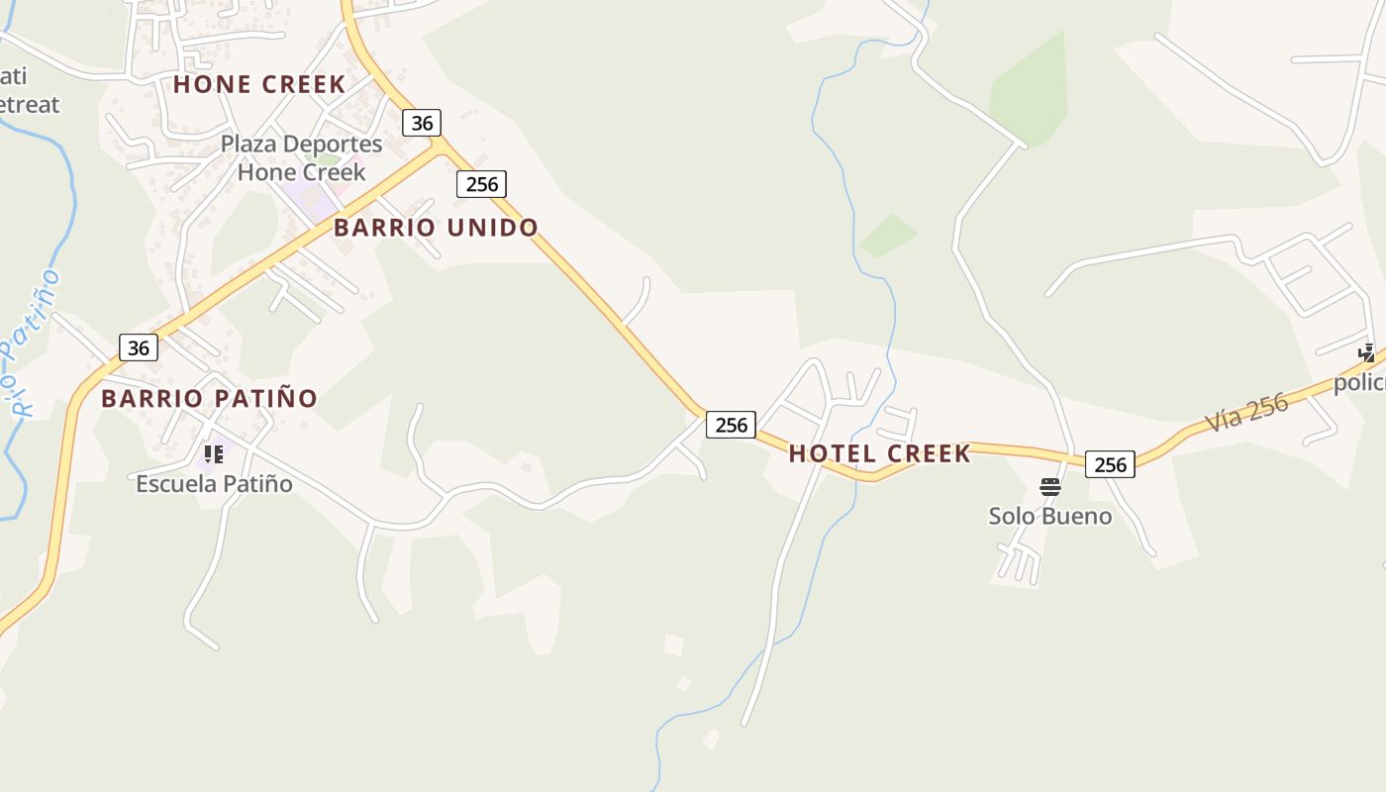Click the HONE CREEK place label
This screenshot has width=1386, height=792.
(x=259, y=84)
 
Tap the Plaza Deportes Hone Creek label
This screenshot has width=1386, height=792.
(x=301, y=157)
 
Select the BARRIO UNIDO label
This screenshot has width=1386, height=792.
(x=436, y=227)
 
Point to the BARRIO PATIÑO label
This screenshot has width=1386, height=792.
(x=209, y=398)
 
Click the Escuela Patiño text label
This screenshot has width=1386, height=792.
(x=214, y=484)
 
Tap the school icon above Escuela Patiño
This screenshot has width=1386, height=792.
(x=213, y=454)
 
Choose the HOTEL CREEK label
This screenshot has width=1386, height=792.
(x=879, y=453)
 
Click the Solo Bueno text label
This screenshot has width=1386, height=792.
(x=1049, y=516)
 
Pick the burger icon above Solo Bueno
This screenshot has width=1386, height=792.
(x=1050, y=486)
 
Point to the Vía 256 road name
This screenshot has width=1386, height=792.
(x=1246, y=413)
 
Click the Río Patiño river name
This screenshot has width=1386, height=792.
(x=30, y=342)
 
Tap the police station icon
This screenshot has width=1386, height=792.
(x=1366, y=353)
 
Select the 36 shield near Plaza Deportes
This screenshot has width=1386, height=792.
(x=422, y=123)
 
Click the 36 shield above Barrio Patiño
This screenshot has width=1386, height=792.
(x=139, y=347)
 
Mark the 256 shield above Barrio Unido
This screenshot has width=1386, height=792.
(x=481, y=183)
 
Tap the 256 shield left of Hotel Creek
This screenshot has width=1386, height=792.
(x=731, y=425)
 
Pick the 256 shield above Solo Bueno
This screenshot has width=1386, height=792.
(x=1110, y=464)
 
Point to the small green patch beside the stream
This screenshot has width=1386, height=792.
(x=887, y=235)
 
